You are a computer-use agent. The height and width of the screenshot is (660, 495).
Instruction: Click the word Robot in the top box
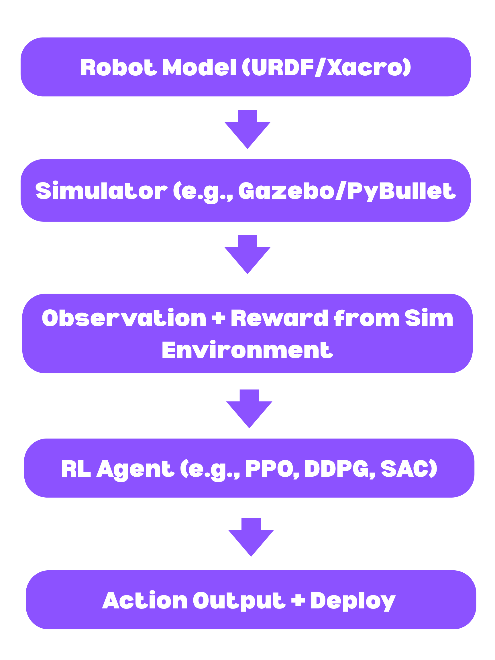click(119, 67)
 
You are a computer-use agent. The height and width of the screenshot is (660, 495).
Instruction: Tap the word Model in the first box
click(199, 67)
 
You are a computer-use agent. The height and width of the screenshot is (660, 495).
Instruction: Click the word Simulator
click(101, 191)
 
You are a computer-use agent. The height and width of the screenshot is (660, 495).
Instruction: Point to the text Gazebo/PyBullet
click(347, 191)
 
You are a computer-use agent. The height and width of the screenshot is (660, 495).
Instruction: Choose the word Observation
click(124, 318)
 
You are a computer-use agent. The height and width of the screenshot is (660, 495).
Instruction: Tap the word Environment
click(247, 350)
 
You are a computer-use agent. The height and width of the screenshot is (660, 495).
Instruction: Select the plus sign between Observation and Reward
click(218, 318)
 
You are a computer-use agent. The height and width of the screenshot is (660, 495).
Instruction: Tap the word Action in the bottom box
click(145, 601)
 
